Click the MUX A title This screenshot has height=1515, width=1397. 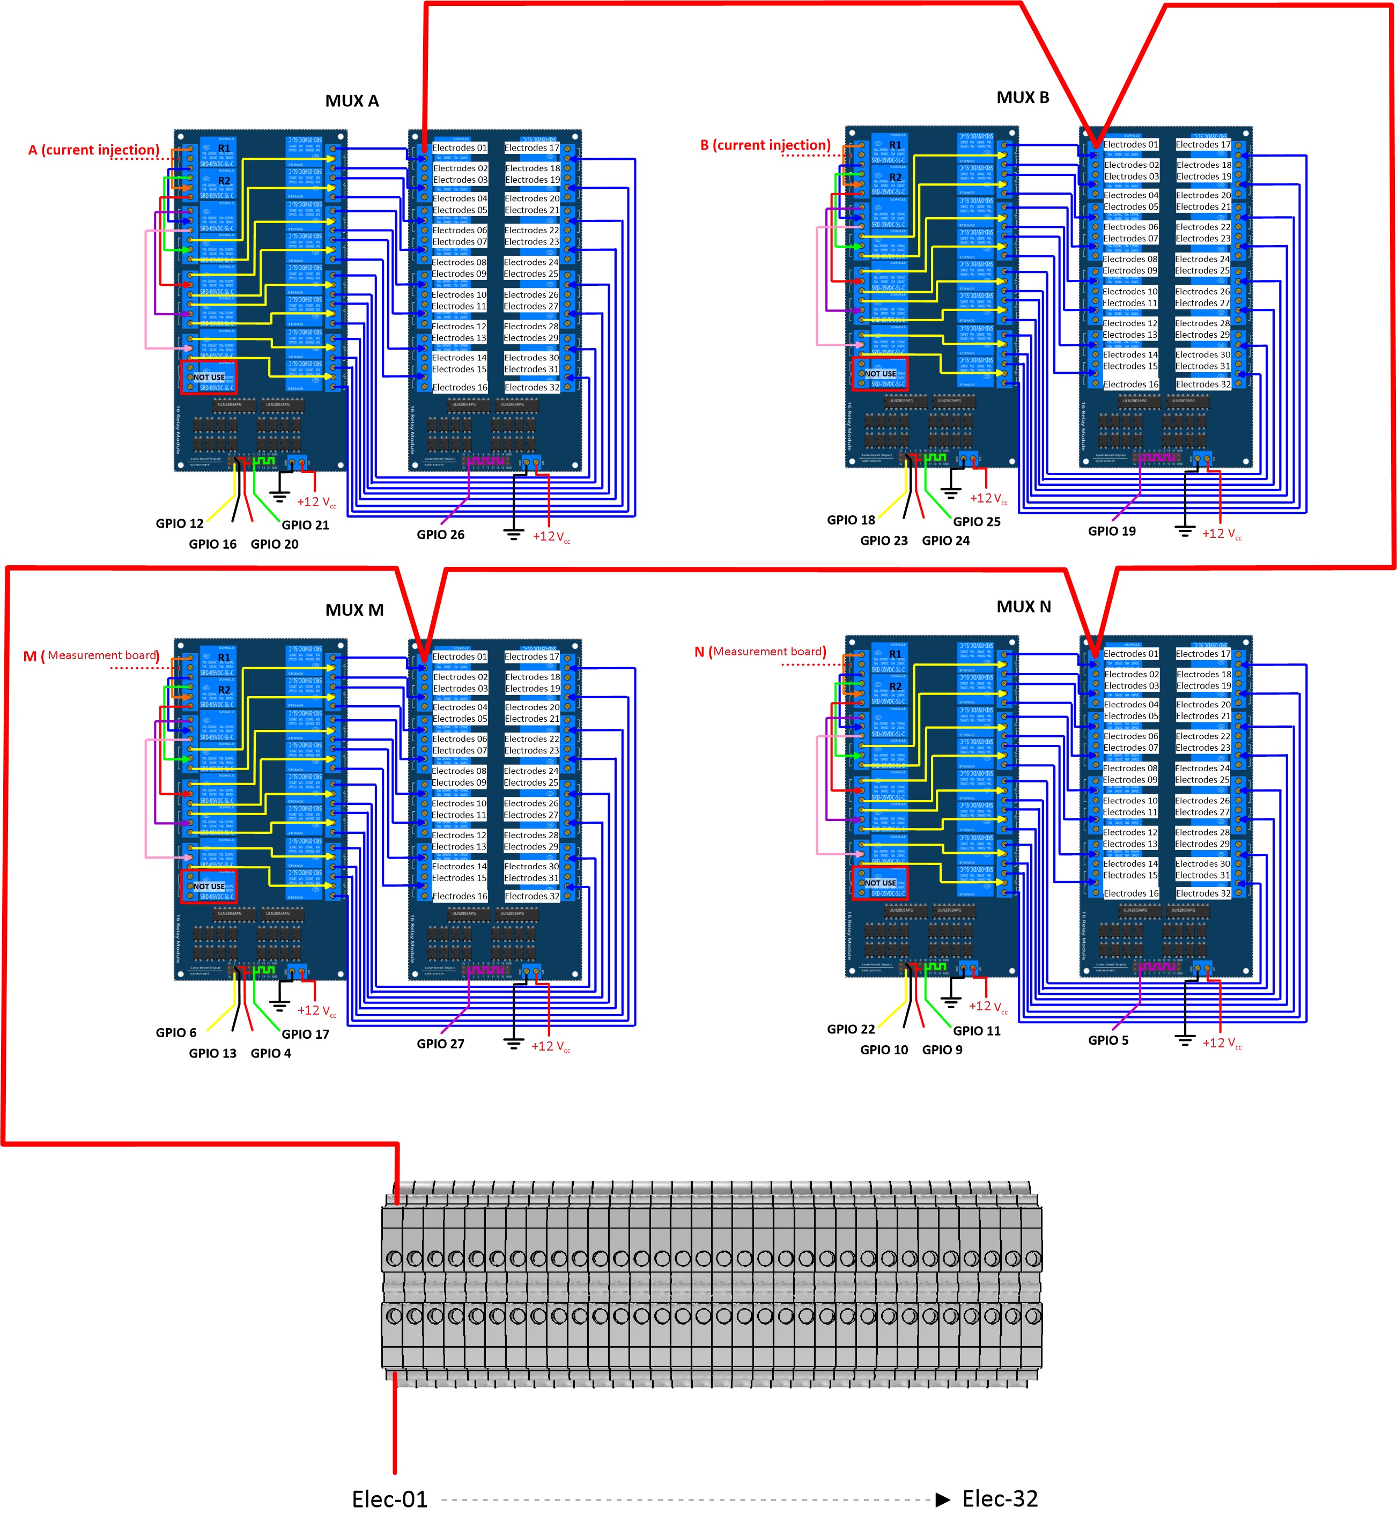pos(351,101)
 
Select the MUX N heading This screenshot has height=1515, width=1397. pos(1024,607)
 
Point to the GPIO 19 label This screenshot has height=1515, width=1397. pos(1111,531)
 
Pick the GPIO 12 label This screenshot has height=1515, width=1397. pos(179,523)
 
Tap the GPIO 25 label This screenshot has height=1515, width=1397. pos(976,522)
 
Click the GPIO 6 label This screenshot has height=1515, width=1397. pos(175,1033)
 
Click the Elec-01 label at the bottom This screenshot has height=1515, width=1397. pos(389,1498)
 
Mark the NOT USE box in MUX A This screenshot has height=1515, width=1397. pos(209,377)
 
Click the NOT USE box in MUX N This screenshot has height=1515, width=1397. pos(880,883)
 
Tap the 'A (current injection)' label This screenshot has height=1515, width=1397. pos(94,150)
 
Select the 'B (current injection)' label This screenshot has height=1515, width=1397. pos(765,145)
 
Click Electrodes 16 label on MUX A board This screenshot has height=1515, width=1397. pos(460,387)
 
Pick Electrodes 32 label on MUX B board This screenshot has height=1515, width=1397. pos(1203,384)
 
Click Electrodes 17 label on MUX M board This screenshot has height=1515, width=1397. pos(532,656)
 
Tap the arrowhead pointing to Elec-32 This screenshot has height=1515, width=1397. pos(943,1499)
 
